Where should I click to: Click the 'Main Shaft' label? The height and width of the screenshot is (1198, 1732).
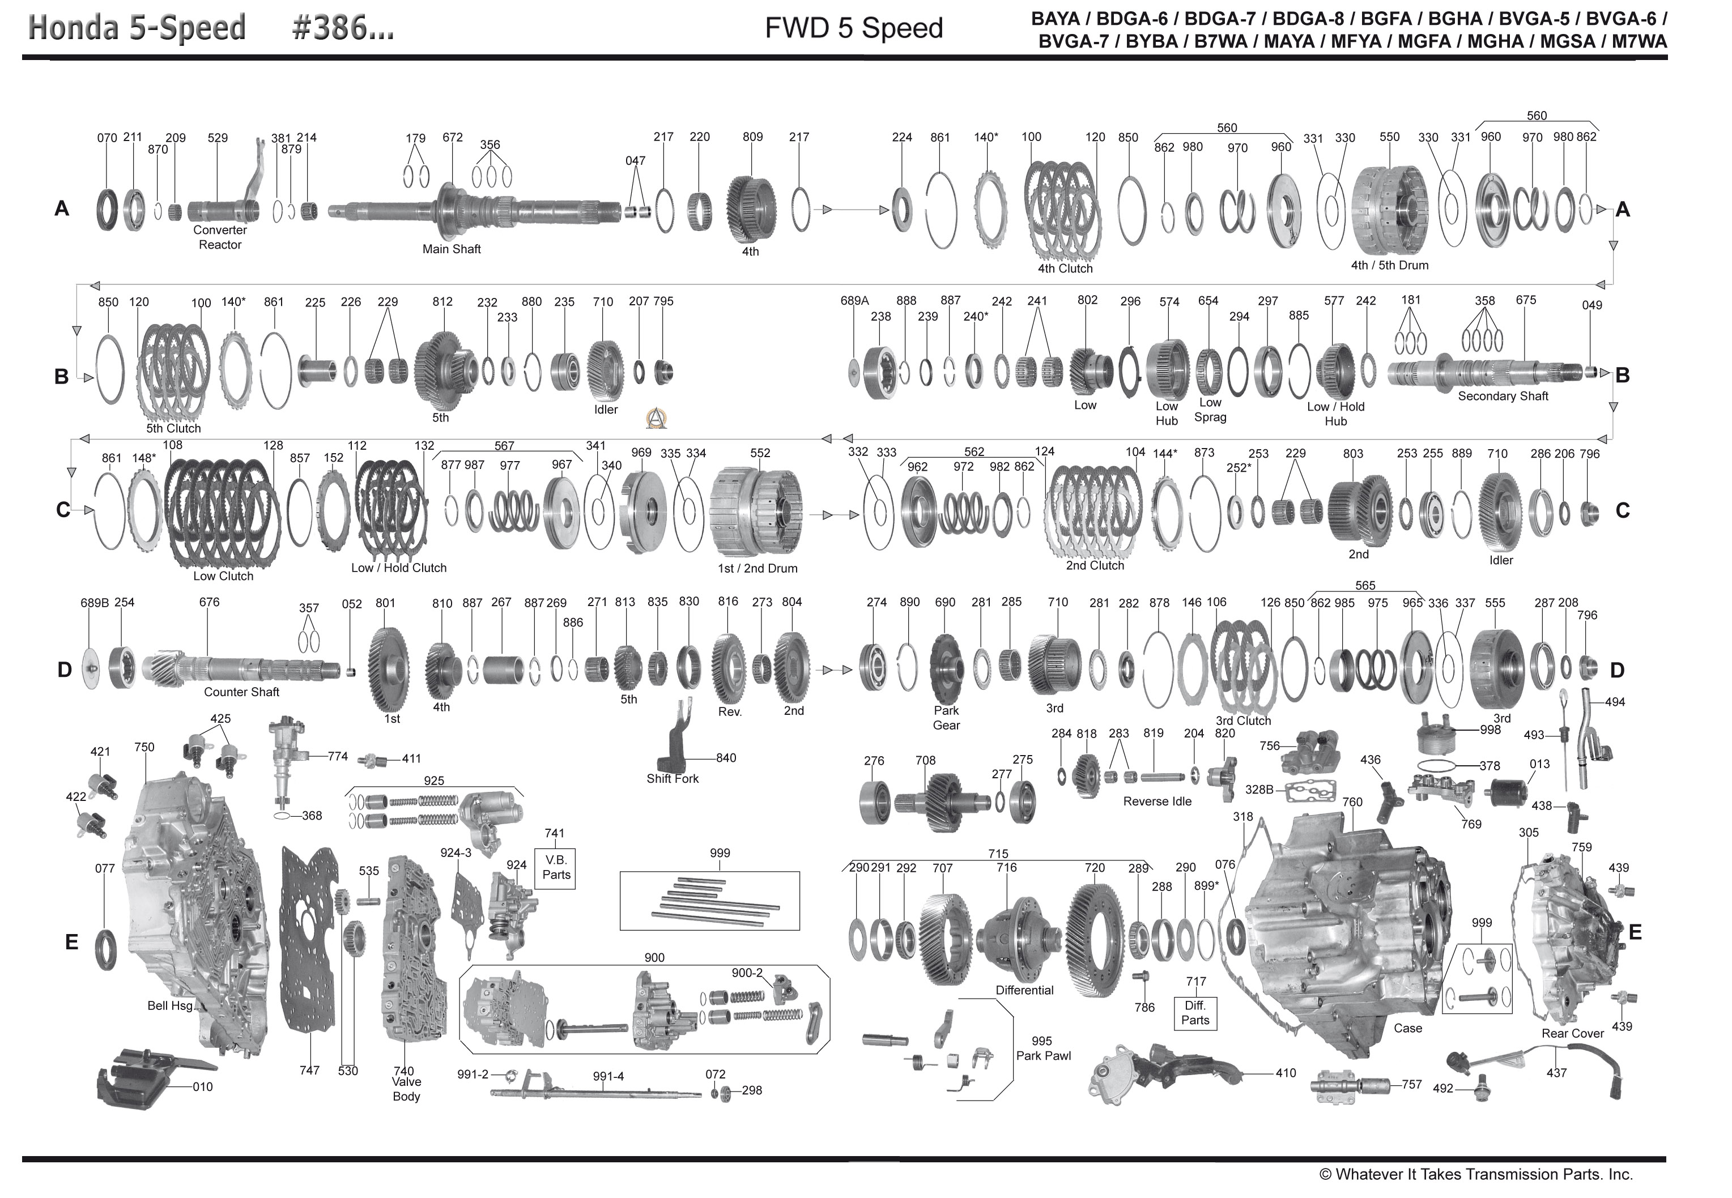(451, 249)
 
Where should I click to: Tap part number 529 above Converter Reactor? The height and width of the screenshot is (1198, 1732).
(218, 138)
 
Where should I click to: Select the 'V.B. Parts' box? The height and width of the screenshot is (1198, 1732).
(556, 868)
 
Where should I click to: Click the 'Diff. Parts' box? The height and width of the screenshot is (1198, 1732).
(1195, 1013)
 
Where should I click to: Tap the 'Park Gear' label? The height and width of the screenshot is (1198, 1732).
(946, 718)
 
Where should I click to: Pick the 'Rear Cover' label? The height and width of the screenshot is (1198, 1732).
(1572, 1034)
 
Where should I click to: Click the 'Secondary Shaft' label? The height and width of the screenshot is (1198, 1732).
(1503, 397)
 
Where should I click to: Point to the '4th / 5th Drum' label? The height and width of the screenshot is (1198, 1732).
(1390, 265)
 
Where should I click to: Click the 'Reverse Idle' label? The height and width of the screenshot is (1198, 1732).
(1157, 801)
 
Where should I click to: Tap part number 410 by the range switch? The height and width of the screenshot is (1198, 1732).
(1286, 1073)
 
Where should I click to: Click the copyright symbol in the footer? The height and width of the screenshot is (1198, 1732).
(1326, 1175)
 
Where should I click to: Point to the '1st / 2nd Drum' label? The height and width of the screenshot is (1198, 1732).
(757, 569)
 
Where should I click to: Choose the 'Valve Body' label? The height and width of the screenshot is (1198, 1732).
(406, 1089)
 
